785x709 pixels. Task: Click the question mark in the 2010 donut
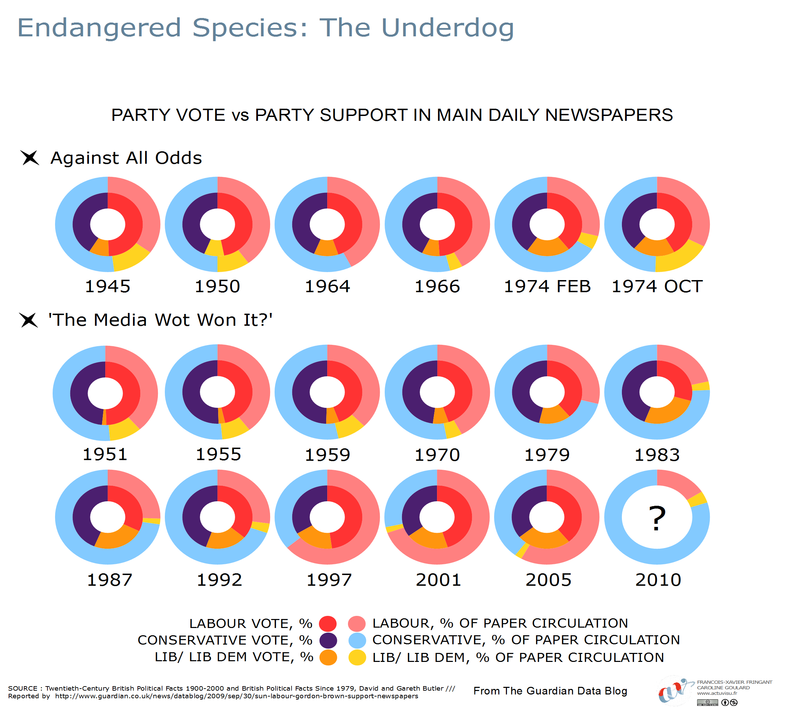[657, 518]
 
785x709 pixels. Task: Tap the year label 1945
[107, 287]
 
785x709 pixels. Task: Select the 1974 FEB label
[547, 287]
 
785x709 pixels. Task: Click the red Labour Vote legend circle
[328, 623]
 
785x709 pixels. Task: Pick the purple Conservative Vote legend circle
[328, 640]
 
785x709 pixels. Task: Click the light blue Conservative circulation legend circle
[357, 640]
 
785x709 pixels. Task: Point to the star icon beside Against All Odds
[30, 158]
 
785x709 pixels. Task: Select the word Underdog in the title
[448, 28]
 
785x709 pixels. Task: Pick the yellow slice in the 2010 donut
[697, 500]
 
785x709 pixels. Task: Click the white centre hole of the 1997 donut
[327, 517]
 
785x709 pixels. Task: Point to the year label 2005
[548, 580]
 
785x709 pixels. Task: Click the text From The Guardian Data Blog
[550, 691]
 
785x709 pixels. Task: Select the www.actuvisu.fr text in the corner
[717, 693]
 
